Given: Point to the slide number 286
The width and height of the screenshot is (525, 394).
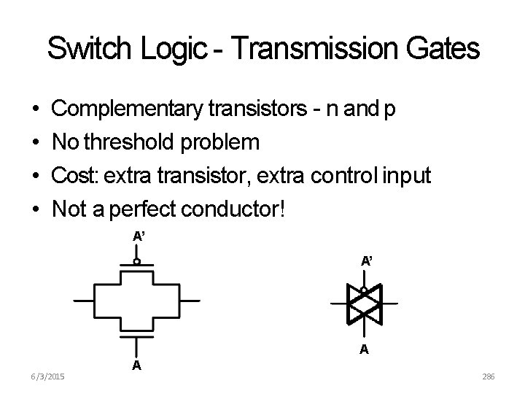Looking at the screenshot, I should coord(489,376).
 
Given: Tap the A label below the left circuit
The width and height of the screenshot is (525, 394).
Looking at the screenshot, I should coord(136,366).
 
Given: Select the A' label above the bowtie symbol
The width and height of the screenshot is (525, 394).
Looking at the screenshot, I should coord(368,260).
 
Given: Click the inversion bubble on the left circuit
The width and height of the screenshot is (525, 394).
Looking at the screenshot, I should coord(136,260).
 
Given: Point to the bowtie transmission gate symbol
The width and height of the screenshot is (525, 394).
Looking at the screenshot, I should coord(364,302).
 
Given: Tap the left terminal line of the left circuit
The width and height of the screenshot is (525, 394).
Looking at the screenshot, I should coord(83,301).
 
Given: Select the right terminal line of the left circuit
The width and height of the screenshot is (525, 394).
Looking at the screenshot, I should coord(188,301).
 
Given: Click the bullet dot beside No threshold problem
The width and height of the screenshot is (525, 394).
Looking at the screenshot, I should coord(36,142).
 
